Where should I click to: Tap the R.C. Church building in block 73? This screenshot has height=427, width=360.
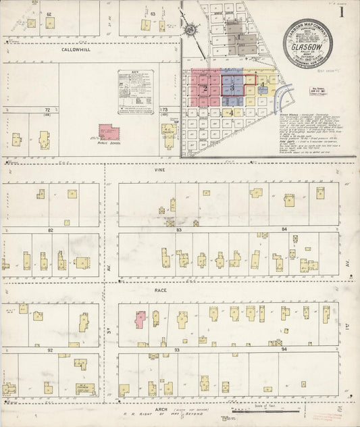(169, 134)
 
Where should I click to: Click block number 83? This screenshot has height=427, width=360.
(180, 230)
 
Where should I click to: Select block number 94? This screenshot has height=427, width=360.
(284, 350)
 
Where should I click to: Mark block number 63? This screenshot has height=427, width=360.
(153, 14)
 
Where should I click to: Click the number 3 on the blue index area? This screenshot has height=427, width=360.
(232, 88)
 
